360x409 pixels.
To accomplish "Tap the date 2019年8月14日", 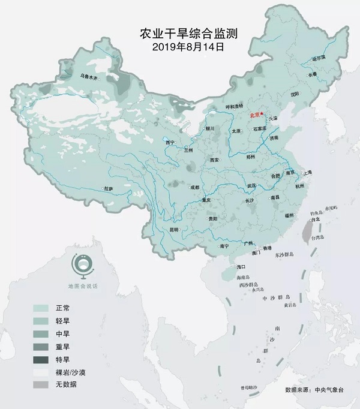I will pos(181,46).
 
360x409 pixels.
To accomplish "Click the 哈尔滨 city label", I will pos(319,58).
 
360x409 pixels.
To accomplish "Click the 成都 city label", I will pos(195,187).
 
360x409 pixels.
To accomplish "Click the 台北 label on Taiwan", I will pos(318,219).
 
